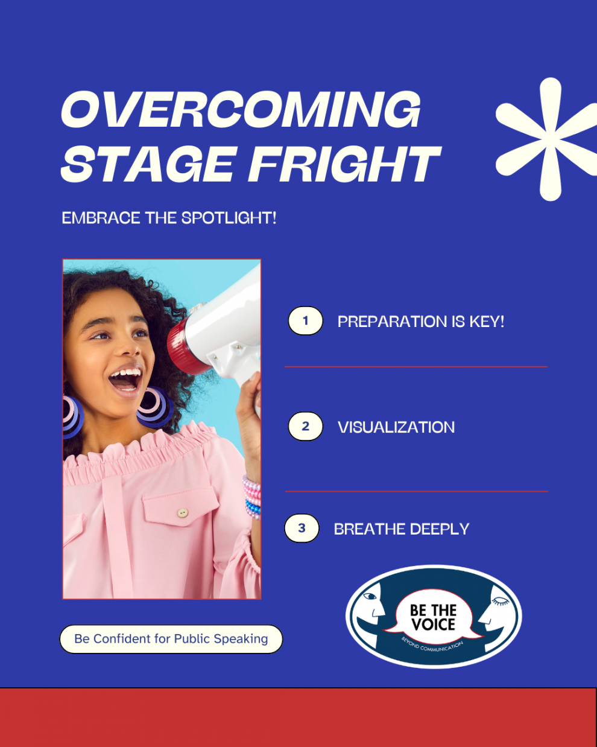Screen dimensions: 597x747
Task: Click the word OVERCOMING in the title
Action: (241, 110)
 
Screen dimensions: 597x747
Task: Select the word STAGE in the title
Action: (149, 164)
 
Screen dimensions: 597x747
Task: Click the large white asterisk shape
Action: (548, 139)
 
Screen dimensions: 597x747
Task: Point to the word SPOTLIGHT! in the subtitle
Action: (229, 218)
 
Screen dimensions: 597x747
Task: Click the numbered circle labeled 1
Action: (305, 320)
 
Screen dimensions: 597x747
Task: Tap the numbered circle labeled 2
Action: (305, 426)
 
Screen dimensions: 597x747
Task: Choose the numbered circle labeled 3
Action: (302, 528)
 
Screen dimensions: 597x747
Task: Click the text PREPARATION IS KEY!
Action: (421, 322)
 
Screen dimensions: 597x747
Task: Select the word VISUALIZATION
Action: (396, 427)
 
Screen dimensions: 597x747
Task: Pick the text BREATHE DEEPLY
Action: (402, 529)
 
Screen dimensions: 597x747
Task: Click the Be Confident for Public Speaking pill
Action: (171, 639)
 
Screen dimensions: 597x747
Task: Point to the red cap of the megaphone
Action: (184, 346)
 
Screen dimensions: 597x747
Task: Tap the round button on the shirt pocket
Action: (183, 513)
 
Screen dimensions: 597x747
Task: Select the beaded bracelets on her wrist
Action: (252, 497)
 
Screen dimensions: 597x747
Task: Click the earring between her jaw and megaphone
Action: (155, 407)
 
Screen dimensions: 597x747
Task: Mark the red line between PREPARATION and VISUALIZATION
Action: (416, 366)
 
